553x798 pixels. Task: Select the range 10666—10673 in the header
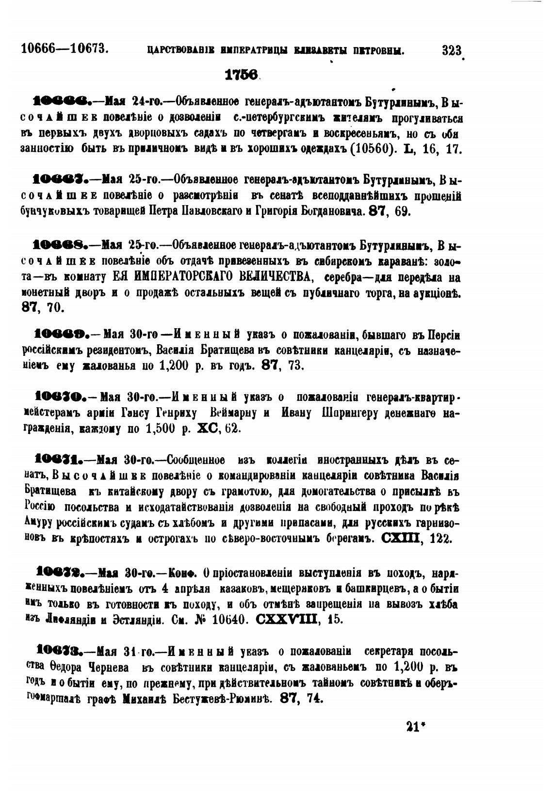click(x=64, y=48)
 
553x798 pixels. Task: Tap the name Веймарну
click(x=235, y=414)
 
